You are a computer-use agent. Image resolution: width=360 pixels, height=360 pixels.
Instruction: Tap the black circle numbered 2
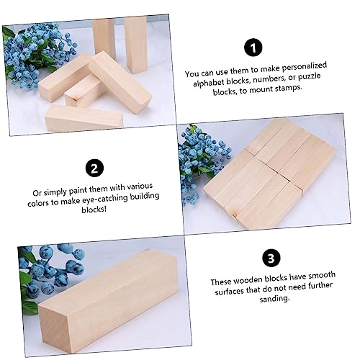pos(94,168)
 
